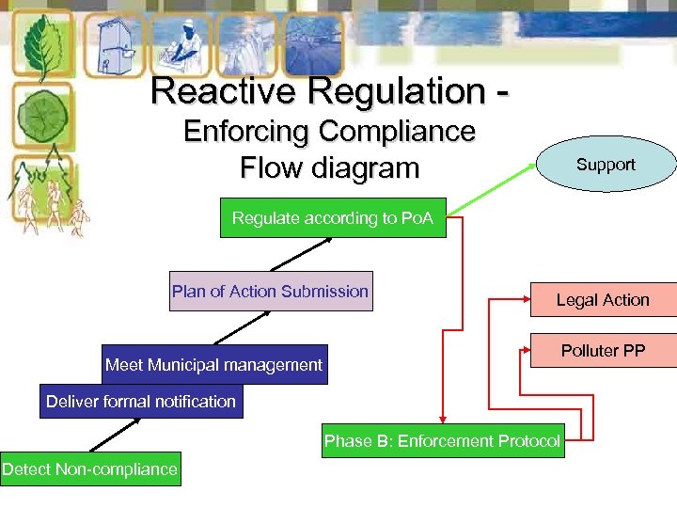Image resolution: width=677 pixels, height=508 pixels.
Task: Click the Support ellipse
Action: click(x=606, y=164)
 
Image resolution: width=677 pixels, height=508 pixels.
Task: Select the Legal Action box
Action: click(x=603, y=299)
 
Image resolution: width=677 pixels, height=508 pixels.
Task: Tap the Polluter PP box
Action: click(x=603, y=351)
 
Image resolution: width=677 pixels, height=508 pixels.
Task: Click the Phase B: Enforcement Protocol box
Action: click(x=442, y=440)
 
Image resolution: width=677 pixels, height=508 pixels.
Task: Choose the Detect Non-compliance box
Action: click(x=90, y=468)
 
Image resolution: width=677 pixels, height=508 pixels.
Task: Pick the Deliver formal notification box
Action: click(x=141, y=401)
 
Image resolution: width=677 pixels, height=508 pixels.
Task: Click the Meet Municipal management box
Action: click(x=214, y=364)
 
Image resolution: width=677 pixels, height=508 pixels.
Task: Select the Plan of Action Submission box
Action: click(x=270, y=292)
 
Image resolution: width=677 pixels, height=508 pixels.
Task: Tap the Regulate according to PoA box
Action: click(x=333, y=218)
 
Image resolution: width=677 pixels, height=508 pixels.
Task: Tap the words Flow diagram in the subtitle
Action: click(x=329, y=168)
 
